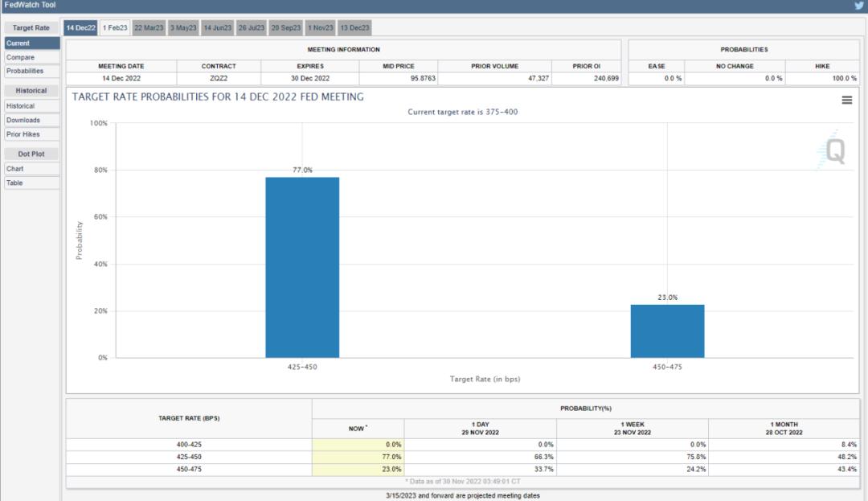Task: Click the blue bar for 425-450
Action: click(302, 267)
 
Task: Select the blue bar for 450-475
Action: click(667, 331)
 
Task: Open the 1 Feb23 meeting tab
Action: click(115, 27)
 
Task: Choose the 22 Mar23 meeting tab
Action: click(149, 27)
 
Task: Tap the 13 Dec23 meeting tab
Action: click(354, 27)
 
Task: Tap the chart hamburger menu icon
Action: click(847, 101)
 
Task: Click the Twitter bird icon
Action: click(859, 6)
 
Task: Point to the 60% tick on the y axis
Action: click(100, 217)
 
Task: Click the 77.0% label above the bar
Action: click(302, 170)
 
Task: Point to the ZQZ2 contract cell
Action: click(219, 79)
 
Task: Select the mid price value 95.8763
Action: click(423, 79)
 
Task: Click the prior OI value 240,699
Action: click(606, 79)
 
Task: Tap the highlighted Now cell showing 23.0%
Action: click(358, 470)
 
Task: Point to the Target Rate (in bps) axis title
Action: click(485, 380)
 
